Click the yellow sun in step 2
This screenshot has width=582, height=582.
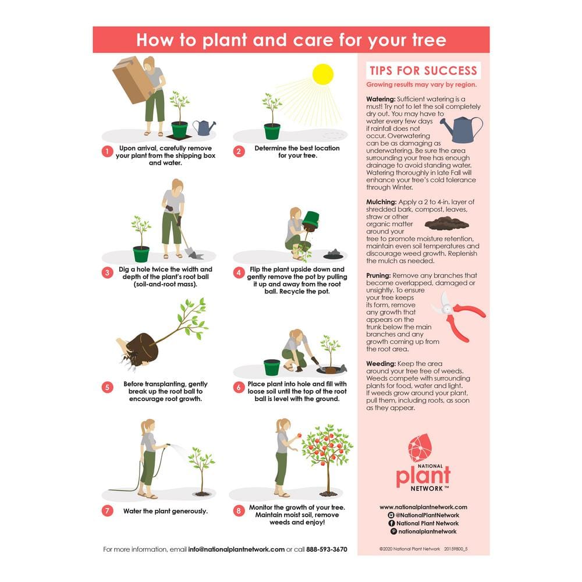[322, 74]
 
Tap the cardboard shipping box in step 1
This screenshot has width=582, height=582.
[132, 80]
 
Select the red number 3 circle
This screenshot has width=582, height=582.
[107, 272]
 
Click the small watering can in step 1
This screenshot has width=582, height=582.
[203, 127]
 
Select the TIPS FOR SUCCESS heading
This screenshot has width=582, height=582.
[423, 71]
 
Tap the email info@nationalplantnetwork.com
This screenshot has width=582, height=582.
[236, 549]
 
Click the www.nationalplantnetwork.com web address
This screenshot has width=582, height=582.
[423, 507]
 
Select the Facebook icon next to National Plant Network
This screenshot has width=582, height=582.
[391, 523]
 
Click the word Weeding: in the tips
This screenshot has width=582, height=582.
[381, 363]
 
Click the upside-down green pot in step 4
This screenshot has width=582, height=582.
[312, 219]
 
